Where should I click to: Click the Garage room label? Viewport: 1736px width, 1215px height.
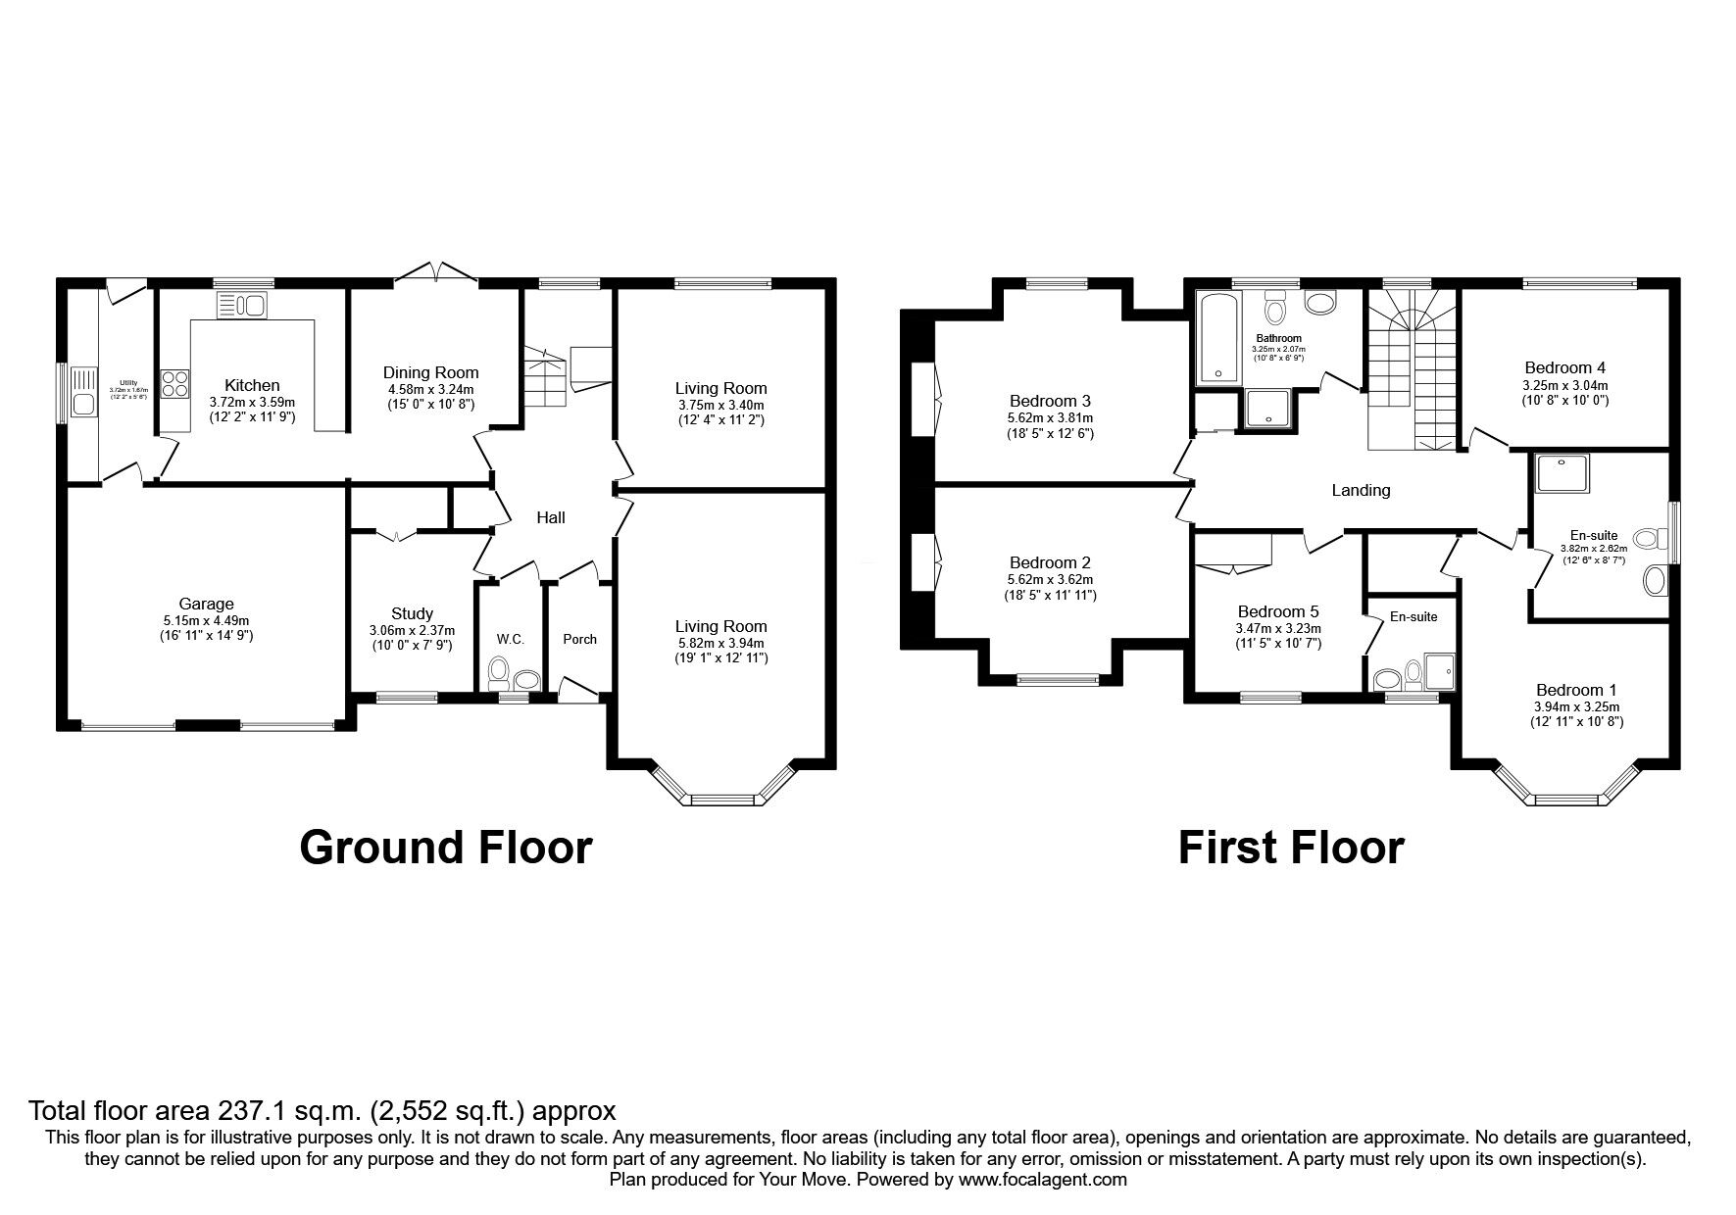[x=206, y=604]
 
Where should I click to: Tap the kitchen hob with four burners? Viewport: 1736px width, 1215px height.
[x=175, y=382]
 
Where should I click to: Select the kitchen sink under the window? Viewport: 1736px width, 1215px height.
[x=242, y=306]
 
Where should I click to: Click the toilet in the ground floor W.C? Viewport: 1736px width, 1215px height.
[x=498, y=673]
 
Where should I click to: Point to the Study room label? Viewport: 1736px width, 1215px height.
[x=412, y=613]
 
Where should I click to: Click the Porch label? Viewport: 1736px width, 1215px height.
[x=579, y=639]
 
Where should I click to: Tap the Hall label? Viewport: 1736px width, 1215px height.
[x=550, y=517]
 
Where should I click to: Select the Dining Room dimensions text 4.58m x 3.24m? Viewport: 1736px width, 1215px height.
[x=430, y=388]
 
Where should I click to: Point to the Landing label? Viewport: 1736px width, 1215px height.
[x=1361, y=490]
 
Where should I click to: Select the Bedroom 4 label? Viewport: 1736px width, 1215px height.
[x=1564, y=368]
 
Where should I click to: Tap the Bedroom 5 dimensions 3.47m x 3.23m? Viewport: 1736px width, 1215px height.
[x=1279, y=628]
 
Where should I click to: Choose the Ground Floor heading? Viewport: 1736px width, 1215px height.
[x=445, y=847]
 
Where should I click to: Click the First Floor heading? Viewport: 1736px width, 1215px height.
[x=1290, y=847]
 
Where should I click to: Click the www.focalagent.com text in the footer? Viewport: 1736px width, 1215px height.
[x=1042, y=1181]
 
